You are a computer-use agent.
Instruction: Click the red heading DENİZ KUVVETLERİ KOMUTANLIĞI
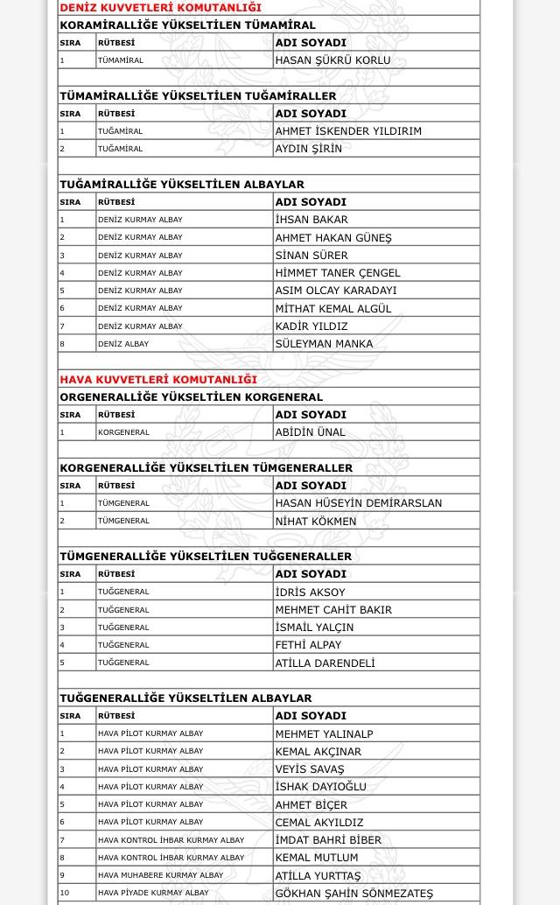(160, 8)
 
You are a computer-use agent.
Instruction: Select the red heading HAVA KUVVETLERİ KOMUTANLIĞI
(158, 379)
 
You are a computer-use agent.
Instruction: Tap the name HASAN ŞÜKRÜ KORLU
(332, 60)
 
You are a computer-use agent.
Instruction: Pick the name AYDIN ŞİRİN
(309, 149)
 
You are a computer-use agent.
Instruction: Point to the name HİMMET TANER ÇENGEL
(338, 273)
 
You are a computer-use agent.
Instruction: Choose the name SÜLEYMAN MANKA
(324, 344)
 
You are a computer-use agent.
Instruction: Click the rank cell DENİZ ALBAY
(123, 344)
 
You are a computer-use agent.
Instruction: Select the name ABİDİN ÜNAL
(311, 432)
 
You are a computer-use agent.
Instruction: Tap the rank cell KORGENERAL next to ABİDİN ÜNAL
(123, 432)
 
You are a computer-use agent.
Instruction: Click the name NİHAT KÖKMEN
(316, 521)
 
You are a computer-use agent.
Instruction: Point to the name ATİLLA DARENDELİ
(325, 663)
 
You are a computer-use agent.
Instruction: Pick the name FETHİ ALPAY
(308, 645)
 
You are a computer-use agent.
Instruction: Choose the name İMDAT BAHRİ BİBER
(328, 840)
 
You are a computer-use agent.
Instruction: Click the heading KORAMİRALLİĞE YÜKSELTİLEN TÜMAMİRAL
(187, 25)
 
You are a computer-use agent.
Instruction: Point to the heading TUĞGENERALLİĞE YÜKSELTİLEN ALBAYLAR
(185, 698)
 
